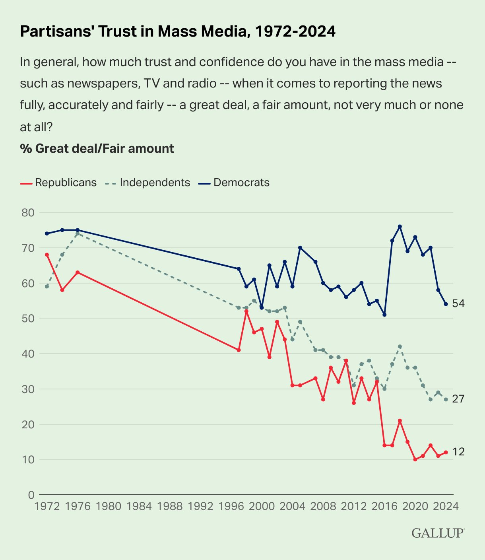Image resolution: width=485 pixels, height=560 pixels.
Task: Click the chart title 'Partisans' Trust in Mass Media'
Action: (178, 31)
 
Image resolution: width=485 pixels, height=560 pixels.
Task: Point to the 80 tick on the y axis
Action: (29, 212)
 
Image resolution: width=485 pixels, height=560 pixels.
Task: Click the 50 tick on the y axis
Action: (29, 319)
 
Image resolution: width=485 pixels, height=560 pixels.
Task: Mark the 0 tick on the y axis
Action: (31, 495)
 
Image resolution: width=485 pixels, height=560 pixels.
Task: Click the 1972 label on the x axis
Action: (47, 506)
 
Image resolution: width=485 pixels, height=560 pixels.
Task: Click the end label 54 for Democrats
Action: (458, 303)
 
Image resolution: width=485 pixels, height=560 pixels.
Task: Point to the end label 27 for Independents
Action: (458, 399)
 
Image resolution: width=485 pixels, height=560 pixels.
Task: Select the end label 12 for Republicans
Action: (458, 452)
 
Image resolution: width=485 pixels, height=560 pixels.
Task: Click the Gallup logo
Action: (438, 533)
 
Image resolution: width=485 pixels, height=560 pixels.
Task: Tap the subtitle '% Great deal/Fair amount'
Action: (97, 148)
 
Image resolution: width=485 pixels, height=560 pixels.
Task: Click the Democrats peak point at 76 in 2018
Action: (400, 226)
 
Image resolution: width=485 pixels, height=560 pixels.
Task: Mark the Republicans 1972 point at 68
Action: (47, 255)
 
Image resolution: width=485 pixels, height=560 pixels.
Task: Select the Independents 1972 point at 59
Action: (47, 286)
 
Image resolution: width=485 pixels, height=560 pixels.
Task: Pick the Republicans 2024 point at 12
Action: (446, 452)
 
